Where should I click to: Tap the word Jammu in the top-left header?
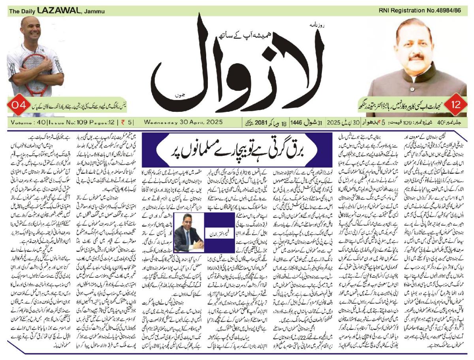(93, 11)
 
